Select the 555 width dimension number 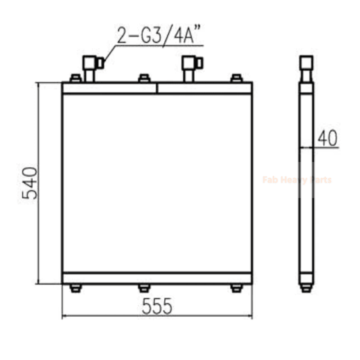tap(157, 306)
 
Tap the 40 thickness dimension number tap(328, 139)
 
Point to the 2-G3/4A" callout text tap(158, 36)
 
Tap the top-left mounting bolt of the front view tap(76, 79)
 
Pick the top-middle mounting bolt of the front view tap(144, 79)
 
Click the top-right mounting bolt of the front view tap(237, 79)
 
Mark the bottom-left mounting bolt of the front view tap(76, 288)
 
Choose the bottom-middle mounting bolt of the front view tap(144, 288)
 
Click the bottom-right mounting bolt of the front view tap(237, 288)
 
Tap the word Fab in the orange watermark tap(270, 180)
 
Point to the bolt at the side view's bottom tap(306, 288)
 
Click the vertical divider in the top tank tap(157, 88)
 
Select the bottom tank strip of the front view tap(157, 278)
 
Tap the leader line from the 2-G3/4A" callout tap(109, 52)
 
